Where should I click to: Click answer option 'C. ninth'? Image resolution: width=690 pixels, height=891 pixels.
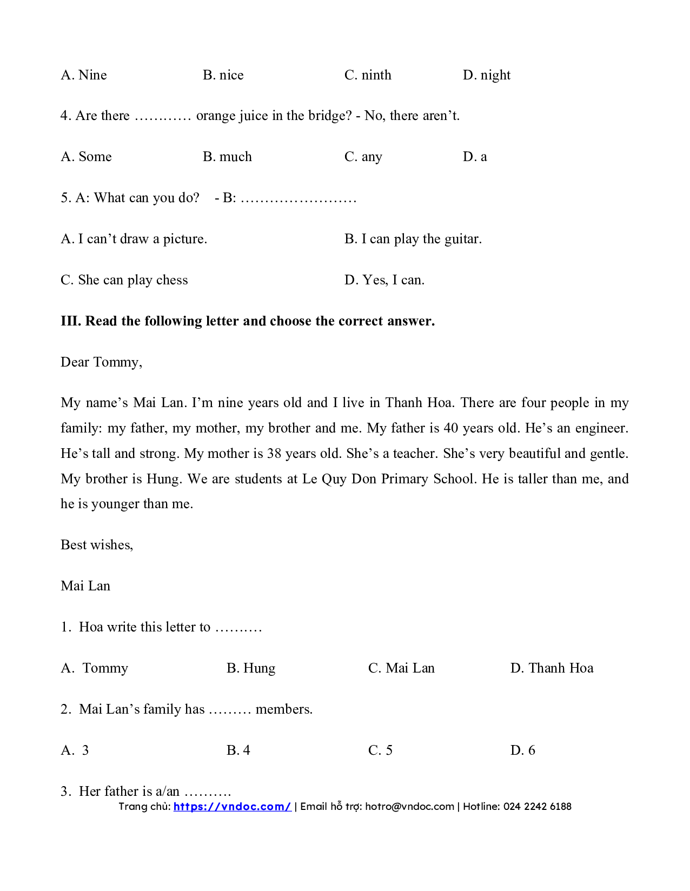[368, 75]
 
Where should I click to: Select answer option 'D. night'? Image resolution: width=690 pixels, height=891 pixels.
[486, 75]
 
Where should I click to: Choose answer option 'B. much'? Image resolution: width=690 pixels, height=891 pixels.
[227, 157]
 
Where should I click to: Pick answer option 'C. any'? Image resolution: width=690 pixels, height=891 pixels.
[363, 157]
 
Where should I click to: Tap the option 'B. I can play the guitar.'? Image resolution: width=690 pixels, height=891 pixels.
[413, 239]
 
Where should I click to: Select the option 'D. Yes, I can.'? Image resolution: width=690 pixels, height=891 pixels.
[384, 280]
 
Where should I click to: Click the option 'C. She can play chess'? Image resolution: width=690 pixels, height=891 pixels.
[124, 280]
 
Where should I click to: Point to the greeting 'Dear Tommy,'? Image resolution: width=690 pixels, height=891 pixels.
[101, 362]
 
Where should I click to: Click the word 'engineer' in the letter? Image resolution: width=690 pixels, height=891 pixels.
[600, 428]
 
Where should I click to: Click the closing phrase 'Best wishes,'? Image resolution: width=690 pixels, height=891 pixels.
[97, 545]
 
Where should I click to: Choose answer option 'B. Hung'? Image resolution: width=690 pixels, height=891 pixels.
[251, 668]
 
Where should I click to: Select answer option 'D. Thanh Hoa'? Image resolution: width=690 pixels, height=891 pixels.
[552, 668]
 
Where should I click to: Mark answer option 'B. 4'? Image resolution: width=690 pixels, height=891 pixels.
[238, 750]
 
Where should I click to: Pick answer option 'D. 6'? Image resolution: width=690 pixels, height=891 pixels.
[522, 750]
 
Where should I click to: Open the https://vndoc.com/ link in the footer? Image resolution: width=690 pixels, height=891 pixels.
[232, 807]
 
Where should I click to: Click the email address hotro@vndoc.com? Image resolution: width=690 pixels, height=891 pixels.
[409, 807]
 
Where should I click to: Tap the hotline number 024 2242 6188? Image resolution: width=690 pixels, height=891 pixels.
[537, 807]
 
